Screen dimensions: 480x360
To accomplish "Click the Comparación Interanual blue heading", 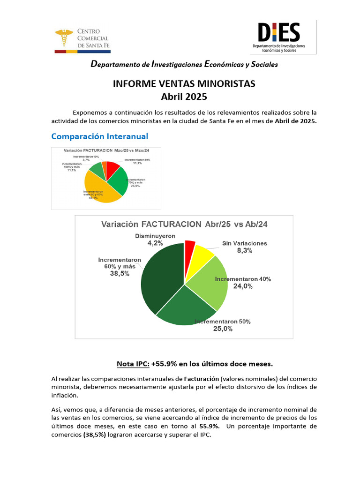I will point(99,136).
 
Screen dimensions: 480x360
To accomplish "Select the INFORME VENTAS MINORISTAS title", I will point(184,84).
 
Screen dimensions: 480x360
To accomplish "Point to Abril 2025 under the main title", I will point(184,97).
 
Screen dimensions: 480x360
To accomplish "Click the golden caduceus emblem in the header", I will point(64,38).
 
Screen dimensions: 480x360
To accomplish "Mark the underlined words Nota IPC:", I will point(133,364).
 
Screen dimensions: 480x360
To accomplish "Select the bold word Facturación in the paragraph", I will point(200,378).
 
